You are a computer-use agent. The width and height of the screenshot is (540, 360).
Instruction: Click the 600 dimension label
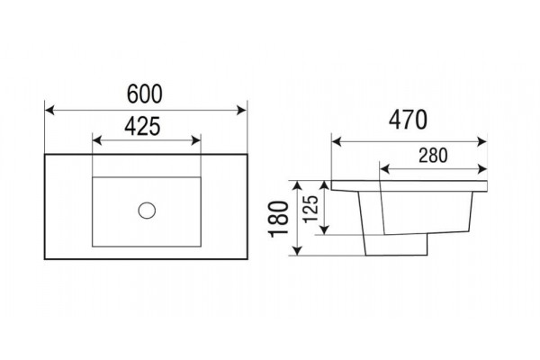coord(145,94)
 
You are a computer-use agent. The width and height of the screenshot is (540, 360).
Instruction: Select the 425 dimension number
coord(142,126)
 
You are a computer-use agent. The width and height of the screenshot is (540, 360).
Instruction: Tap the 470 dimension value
coord(408,120)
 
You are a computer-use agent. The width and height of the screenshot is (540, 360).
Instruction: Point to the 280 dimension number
coord(433,156)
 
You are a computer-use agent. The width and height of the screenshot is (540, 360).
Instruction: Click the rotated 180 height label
coord(279,219)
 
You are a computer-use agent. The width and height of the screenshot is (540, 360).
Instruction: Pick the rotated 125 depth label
coord(310,209)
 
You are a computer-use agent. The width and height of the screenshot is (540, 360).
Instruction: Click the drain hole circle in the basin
coord(147,210)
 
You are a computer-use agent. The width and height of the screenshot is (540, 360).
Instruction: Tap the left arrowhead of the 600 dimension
coord(49,111)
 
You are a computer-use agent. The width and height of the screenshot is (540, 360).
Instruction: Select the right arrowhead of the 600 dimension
coord(242,111)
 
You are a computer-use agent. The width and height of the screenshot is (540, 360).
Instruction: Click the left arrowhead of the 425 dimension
coord(97,140)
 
